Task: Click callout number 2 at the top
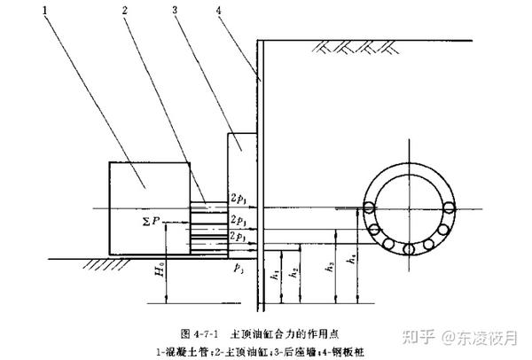coord(128,12)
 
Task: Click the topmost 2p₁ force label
coord(239,197)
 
